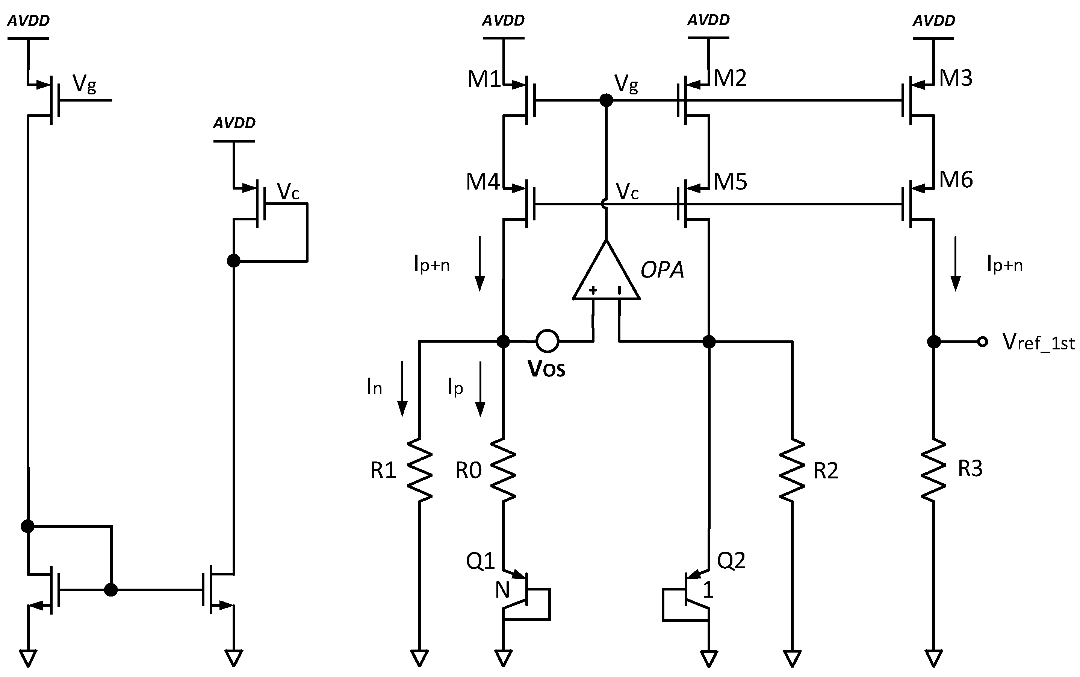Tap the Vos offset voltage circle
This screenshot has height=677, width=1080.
(547, 341)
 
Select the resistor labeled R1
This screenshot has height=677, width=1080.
(419, 469)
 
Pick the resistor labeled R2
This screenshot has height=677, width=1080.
(792, 469)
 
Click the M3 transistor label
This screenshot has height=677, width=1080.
(955, 78)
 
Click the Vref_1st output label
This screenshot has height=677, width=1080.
(1038, 343)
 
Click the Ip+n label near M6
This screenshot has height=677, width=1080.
(1004, 265)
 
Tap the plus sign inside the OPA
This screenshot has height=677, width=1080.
(593, 290)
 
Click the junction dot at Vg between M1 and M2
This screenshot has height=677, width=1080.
(606, 100)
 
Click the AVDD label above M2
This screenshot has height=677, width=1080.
(708, 20)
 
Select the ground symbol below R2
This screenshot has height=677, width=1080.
(792, 658)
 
